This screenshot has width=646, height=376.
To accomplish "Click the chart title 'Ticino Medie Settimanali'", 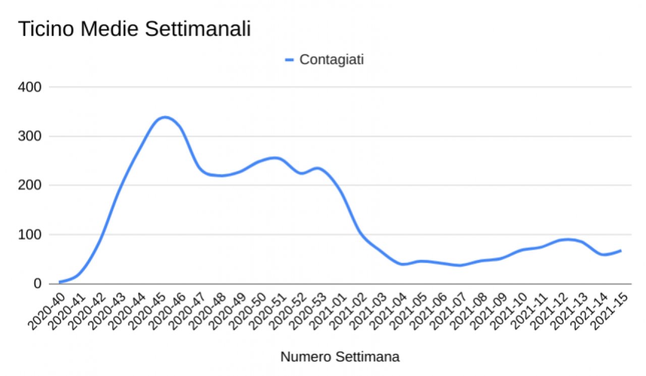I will (x=134, y=29).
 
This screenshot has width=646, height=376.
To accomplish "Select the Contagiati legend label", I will (x=332, y=59).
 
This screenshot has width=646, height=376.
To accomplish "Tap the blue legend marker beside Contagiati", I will (x=289, y=59).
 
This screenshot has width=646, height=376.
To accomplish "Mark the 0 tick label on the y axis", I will (x=37, y=284).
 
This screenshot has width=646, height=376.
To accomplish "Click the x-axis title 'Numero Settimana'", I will (x=340, y=357).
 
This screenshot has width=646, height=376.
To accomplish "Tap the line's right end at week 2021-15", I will (x=620, y=250).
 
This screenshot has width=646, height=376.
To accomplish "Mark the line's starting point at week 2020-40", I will (x=60, y=282).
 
